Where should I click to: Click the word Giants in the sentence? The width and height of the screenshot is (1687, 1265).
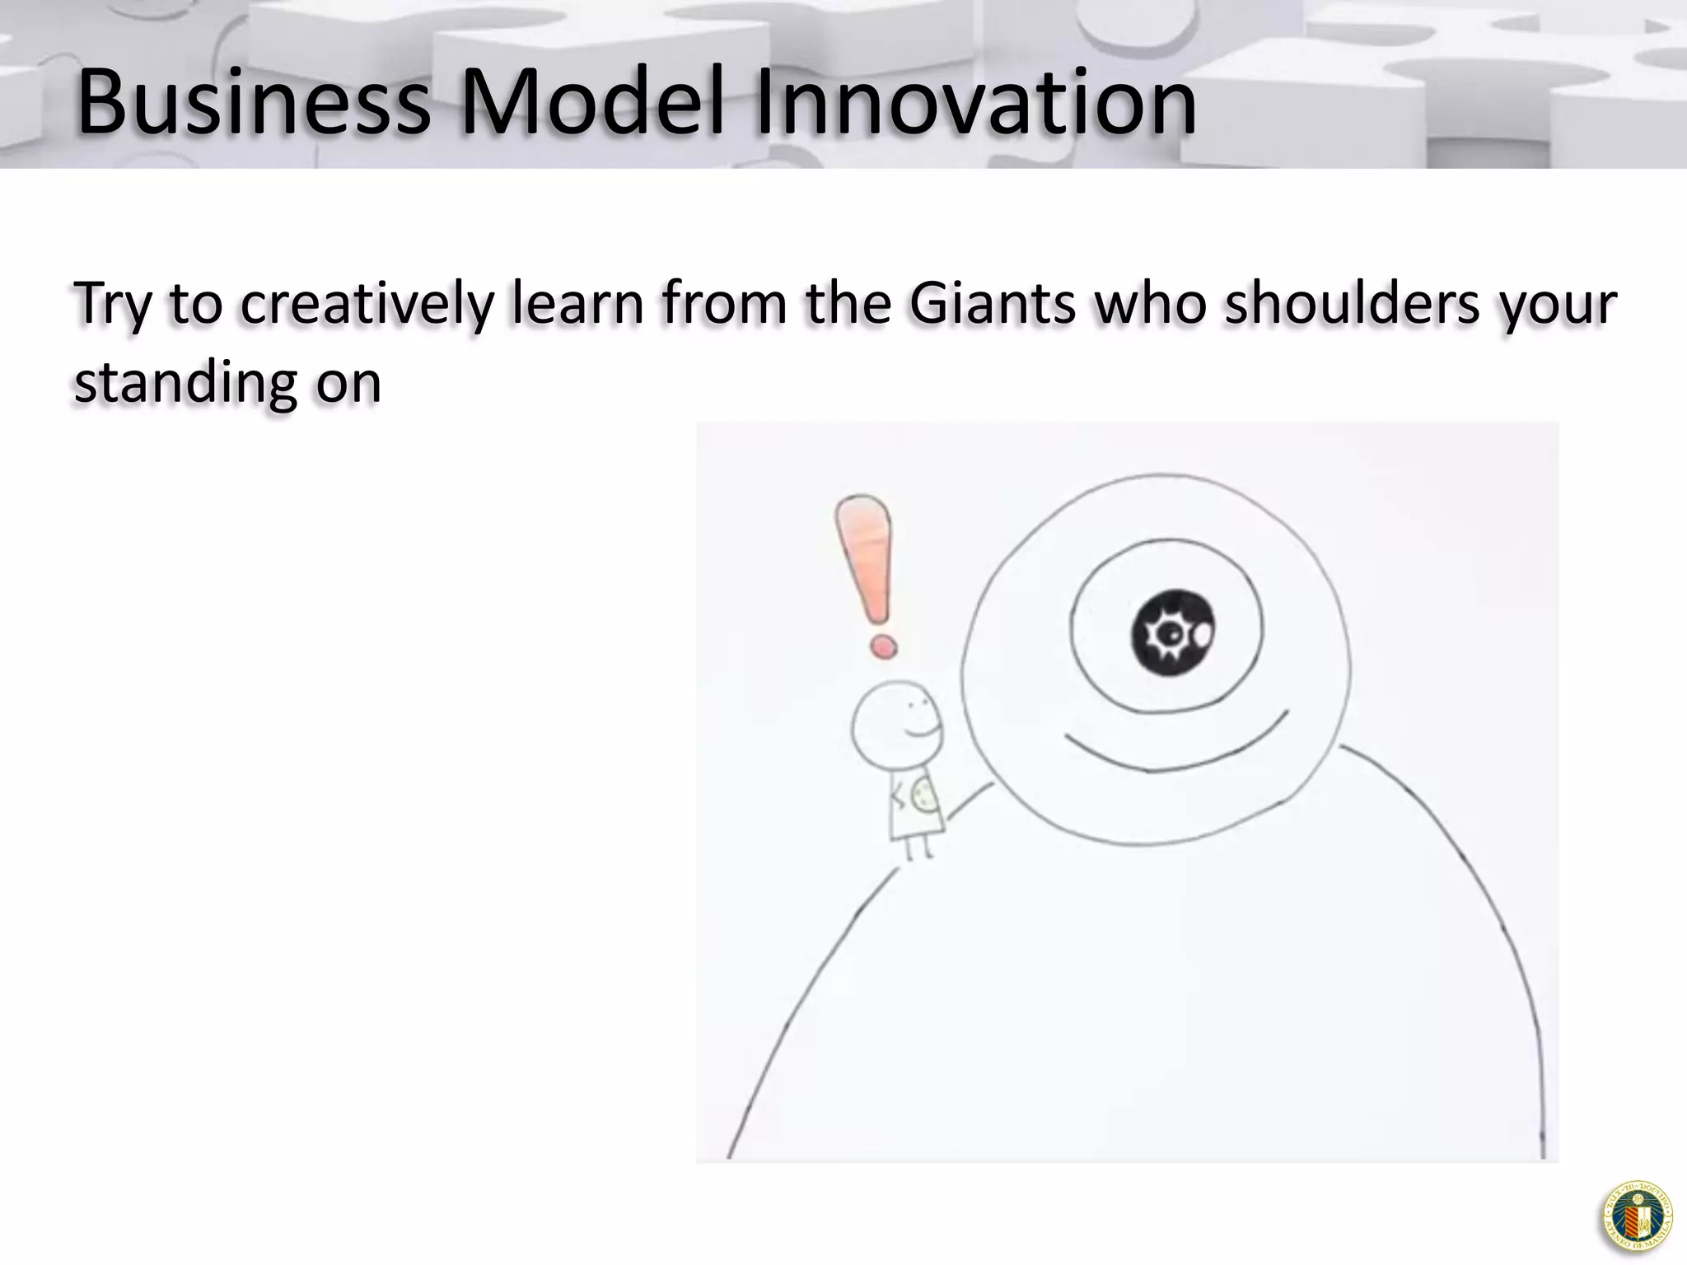click(x=993, y=303)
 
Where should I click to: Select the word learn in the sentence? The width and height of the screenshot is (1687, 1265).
click(x=577, y=303)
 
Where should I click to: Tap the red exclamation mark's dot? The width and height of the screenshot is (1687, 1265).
click(x=883, y=647)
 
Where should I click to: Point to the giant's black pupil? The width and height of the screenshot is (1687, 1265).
click(x=1172, y=632)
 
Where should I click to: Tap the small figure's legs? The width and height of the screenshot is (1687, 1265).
click(x=918, y=847)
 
